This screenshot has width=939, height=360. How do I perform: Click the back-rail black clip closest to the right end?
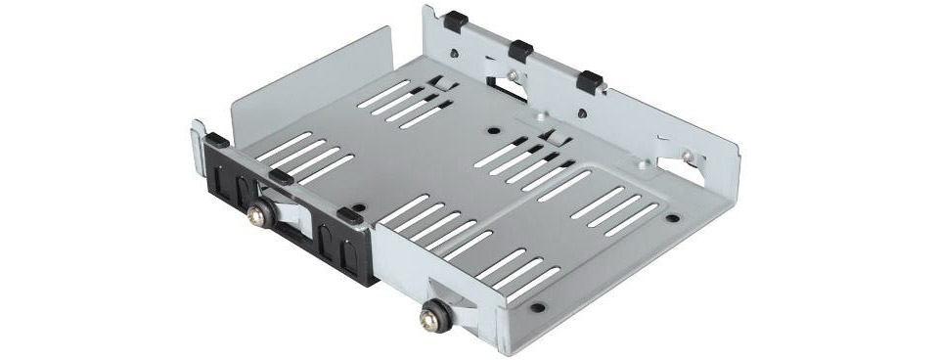589,78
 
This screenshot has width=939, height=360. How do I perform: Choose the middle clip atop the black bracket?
278,176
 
